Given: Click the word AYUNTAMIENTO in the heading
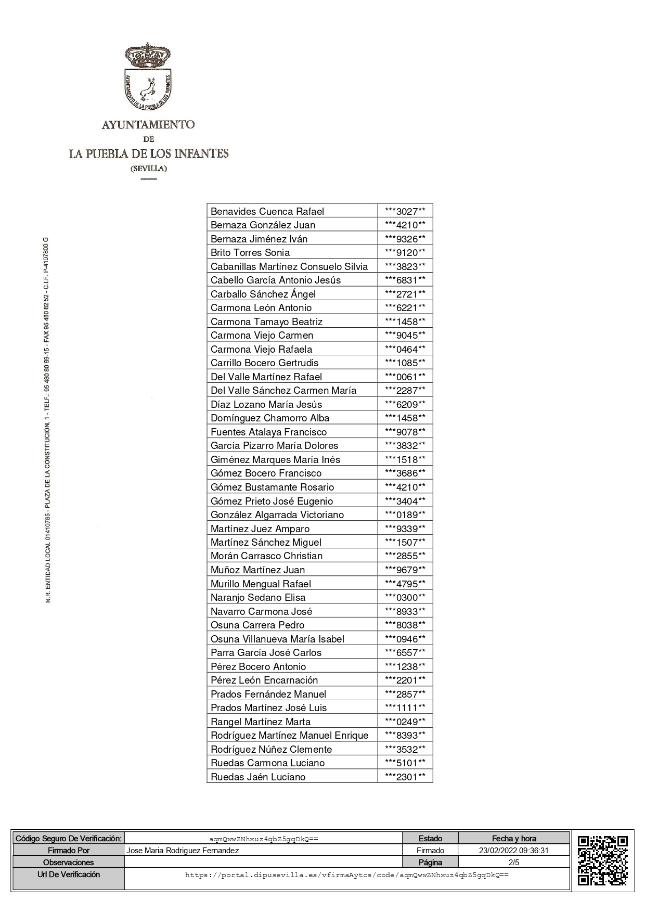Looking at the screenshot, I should tap(148, 125).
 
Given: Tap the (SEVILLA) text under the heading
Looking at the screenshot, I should tap(149, 169).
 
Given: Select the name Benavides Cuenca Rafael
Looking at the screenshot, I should tap(267, 211).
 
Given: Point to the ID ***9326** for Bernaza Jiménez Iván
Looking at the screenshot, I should tap(405, 239).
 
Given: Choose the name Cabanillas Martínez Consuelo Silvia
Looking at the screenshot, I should tap(289, 266).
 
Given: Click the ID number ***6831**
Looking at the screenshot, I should tap(405, 280).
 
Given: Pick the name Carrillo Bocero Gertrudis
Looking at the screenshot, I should tap(264, 363).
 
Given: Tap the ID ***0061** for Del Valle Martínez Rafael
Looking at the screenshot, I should tap(405, 377).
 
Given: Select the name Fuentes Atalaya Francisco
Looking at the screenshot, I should tap(268, 432).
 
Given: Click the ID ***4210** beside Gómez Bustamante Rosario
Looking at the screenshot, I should tap(405, 487).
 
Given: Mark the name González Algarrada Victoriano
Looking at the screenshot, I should tap(277, 515).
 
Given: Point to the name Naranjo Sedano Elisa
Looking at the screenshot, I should tap(258, 597).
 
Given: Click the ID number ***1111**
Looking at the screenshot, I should tap(405, 708).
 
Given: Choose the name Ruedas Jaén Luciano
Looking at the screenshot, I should tap(258, 777).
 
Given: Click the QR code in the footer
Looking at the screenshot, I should tap(603, 860).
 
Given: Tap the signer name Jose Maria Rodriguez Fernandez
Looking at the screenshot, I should tap(183, 850).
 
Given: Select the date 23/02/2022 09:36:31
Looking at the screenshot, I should tap(514, 850).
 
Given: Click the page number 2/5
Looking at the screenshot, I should tap(514, 862).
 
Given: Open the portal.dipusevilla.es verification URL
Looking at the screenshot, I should tap(347, 875).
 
